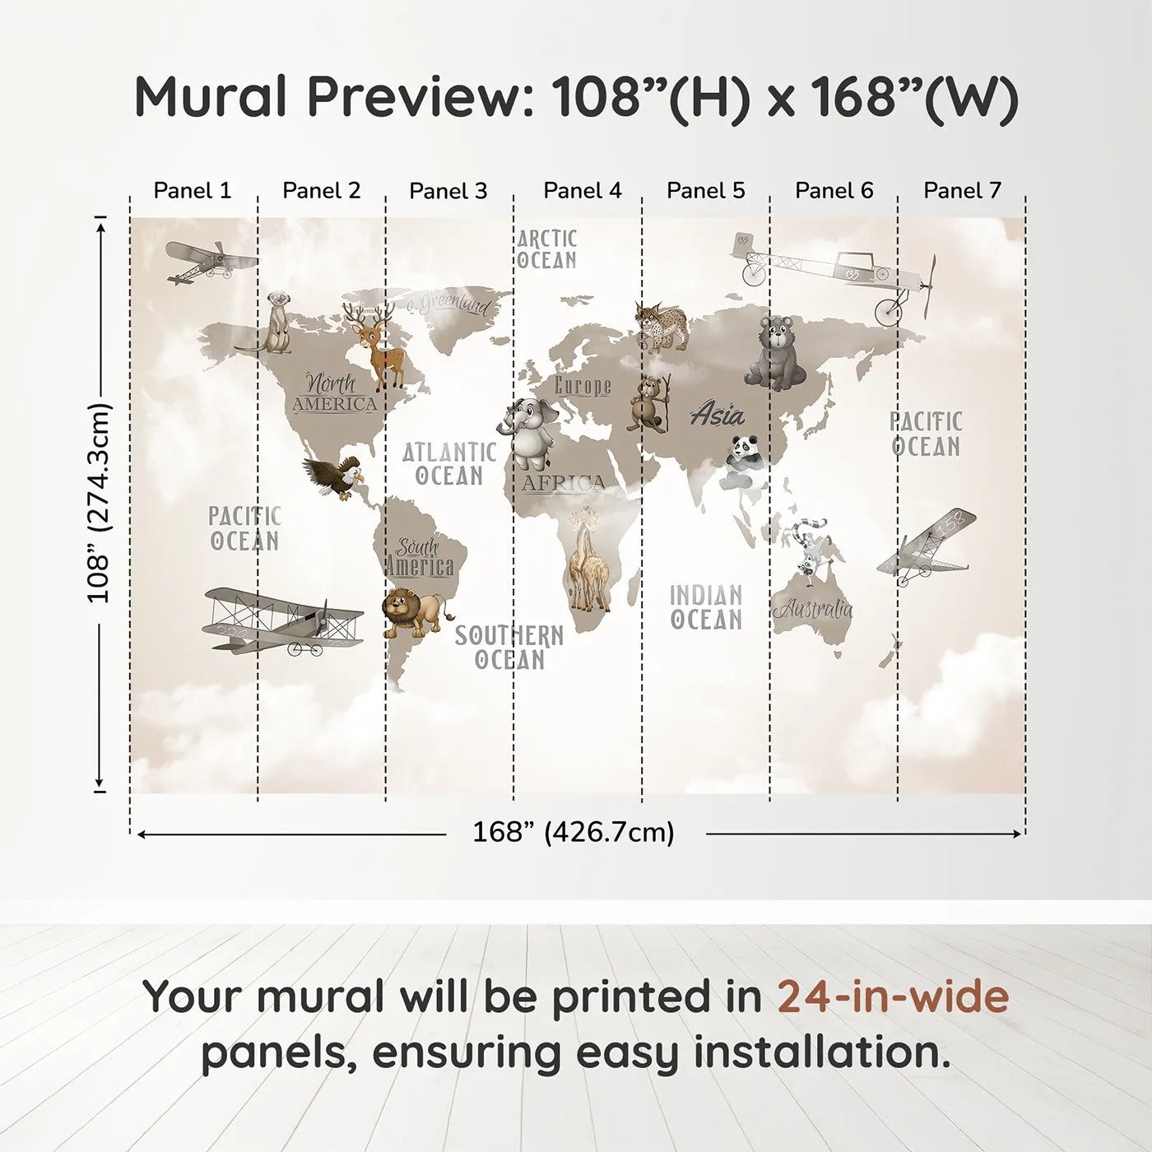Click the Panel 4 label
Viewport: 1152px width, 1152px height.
point(582,191)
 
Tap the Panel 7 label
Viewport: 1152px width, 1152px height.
point(962,191)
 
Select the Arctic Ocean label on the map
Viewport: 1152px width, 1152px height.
point(546,249)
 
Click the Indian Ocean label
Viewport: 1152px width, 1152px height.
point(706,607)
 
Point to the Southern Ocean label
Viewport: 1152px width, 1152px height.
point(509,648)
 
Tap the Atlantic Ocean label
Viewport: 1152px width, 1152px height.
point(449,464)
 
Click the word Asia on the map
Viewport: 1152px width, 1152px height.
point(717,415)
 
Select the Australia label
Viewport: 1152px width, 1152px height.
point(812,610)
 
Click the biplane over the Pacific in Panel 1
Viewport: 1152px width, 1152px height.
point(283,622)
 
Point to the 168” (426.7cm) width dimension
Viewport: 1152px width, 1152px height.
point(573,833)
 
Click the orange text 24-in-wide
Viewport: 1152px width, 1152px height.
point(892,996)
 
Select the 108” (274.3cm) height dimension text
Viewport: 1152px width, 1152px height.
point(99,503)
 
